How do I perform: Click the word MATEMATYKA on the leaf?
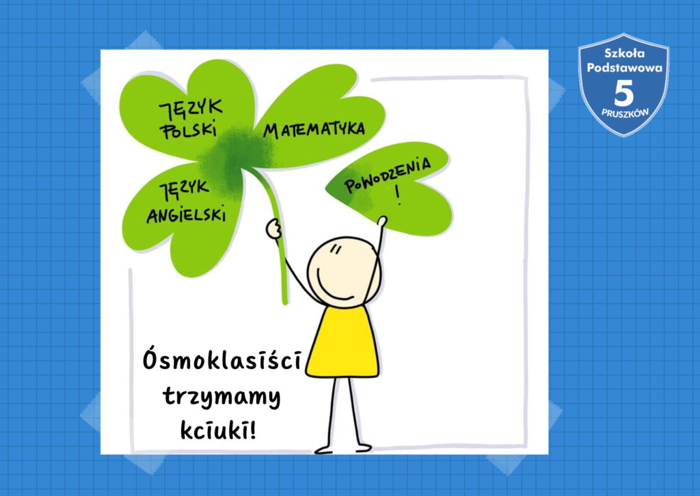[314, 129]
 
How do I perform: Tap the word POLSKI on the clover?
[189, 129]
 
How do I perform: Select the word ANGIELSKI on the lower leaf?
[186, 215]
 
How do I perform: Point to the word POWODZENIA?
[388, 175]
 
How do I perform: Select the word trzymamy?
[222, 396]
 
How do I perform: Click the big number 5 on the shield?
[623, 94]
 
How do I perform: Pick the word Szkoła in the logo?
[624, 53]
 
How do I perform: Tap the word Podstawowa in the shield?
[624, 68]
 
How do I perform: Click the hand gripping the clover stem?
[273, 228]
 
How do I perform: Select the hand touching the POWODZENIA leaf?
[382, 221]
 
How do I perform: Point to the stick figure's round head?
[344, 272]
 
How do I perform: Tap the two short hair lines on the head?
[335, 249]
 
